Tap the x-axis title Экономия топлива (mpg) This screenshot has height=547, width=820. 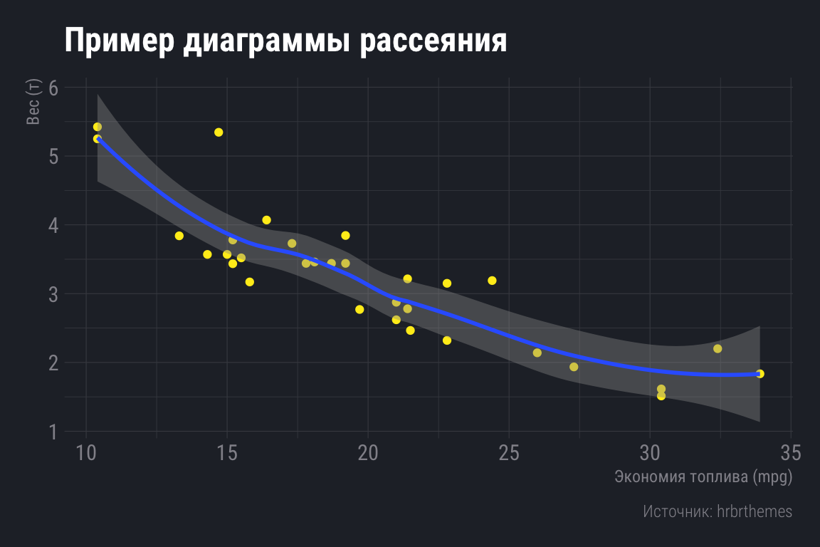[703, 476]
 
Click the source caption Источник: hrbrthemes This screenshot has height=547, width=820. [717, 511]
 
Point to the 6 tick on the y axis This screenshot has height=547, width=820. [53, 88]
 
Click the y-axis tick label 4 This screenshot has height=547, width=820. [53, 225]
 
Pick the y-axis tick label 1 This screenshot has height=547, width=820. [53, 432]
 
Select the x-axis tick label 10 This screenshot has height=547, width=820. [86, 453]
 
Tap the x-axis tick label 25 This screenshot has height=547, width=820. [509, 453]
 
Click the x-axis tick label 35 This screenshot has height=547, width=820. [791, 453]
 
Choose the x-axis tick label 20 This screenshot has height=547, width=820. [368, 453]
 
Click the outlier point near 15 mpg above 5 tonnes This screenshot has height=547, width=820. [219, 132]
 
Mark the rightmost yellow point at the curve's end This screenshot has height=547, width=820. [759, 374]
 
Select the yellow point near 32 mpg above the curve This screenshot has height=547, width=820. [717, 348]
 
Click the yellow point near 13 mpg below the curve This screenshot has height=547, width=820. [179, 236]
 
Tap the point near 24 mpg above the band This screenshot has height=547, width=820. [492, 281]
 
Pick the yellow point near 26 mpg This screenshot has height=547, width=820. [537, 353]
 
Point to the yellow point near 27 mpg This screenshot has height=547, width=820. [574, 367]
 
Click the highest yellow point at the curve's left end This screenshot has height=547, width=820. [98, 127]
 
